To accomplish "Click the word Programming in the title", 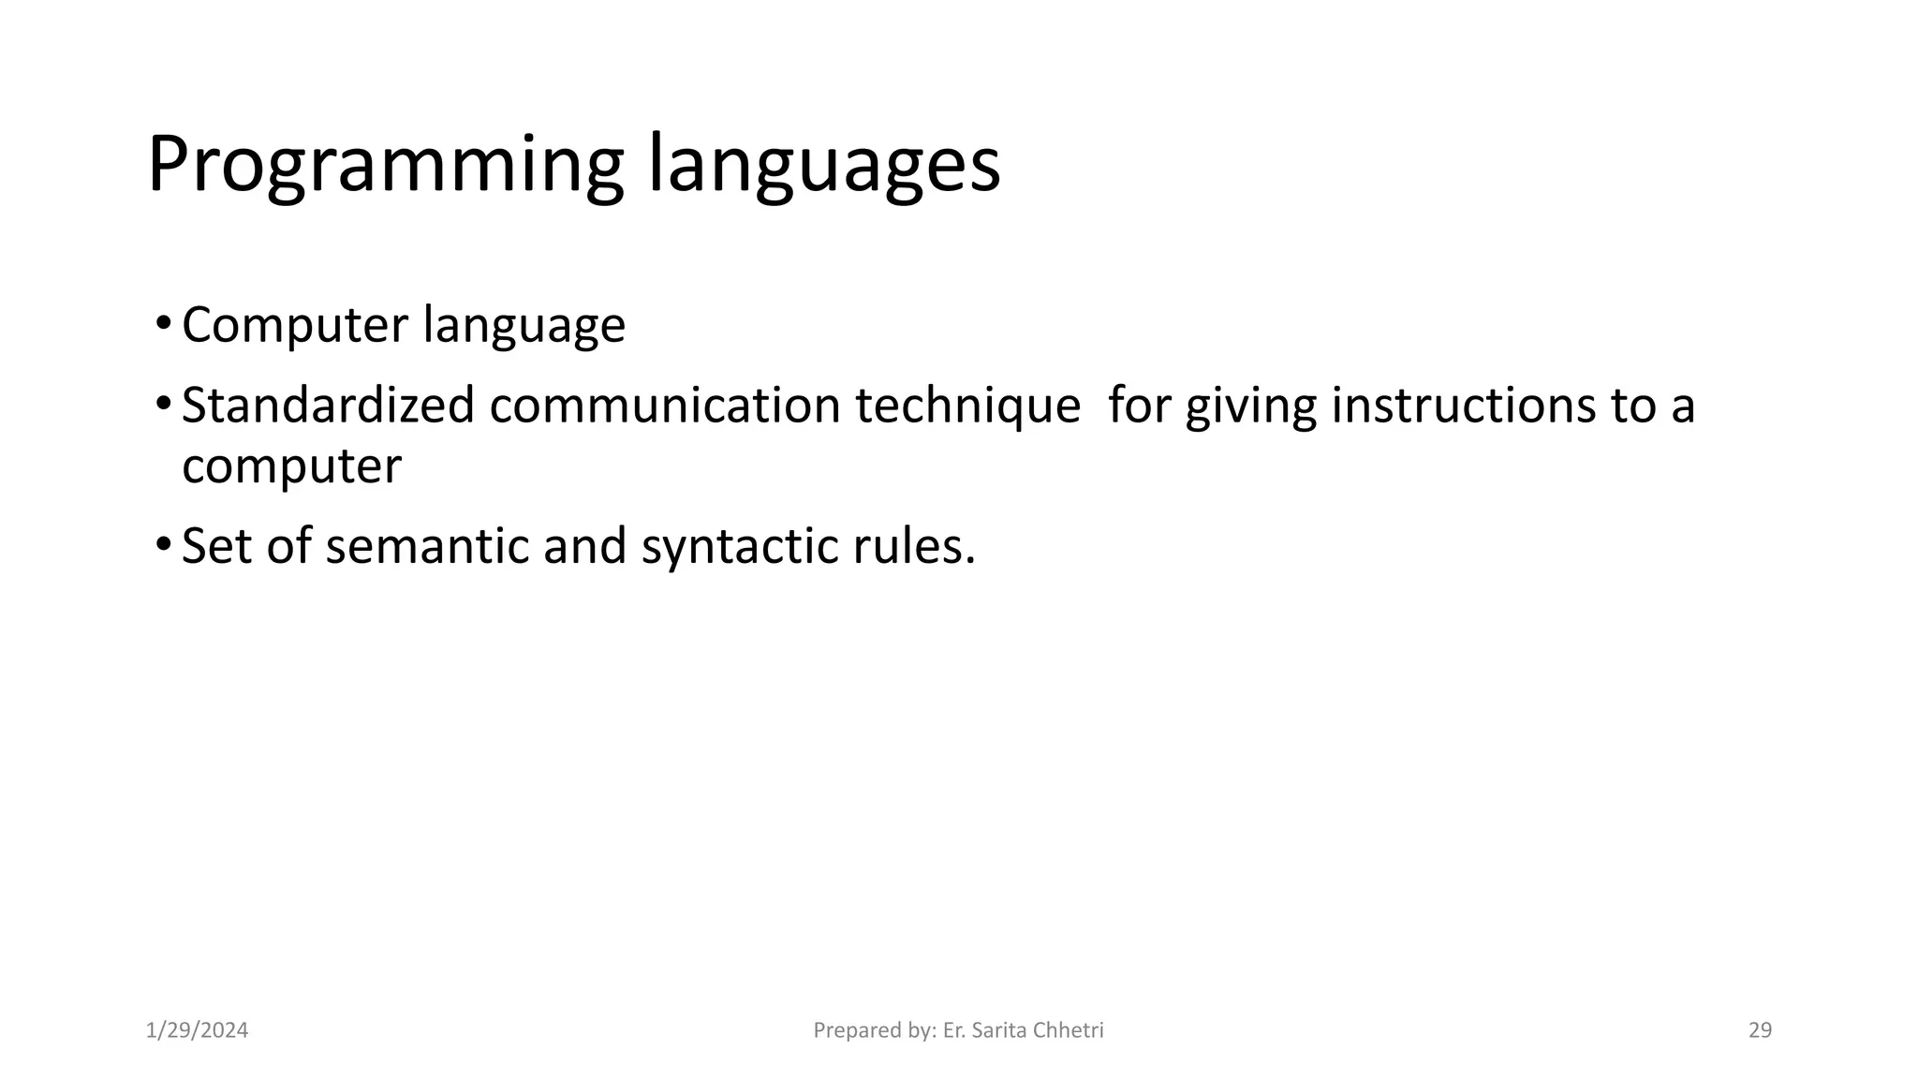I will coord(385,166).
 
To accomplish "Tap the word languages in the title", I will coord(824,166).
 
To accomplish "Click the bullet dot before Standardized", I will coord(163,406).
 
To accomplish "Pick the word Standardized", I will coord(328,406).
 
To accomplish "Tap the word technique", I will coord(967,407).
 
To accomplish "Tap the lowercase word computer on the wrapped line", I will coord(291,467).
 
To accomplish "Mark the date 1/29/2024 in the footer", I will coord(198,1030).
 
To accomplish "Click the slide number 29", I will coord(1760,1030).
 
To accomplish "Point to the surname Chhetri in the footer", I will coord(1071,1030).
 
